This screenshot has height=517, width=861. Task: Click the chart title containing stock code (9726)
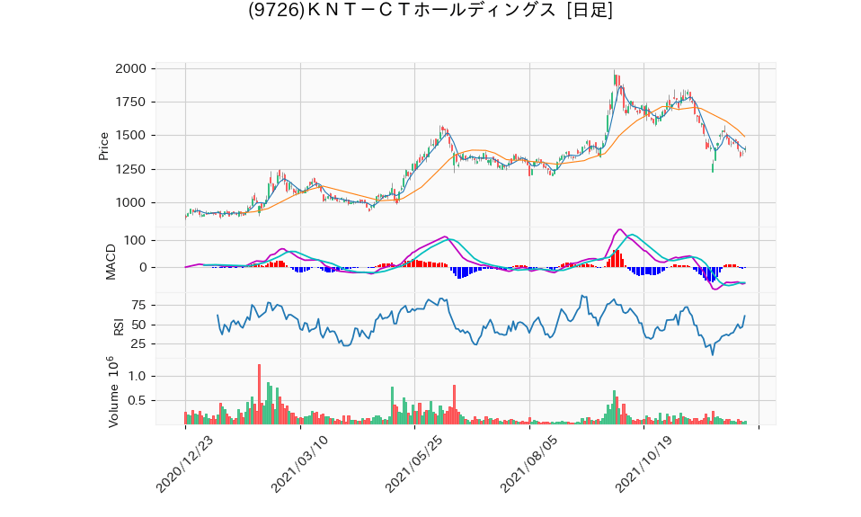tap(430, 11)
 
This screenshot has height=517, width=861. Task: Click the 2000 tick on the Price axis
tap(131, 68)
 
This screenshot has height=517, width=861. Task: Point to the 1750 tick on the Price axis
tap(131, 102)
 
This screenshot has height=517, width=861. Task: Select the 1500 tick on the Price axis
tap(131, 136)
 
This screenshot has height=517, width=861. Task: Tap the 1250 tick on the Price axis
tap(131, 169)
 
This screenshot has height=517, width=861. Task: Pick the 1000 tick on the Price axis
tap(131, 203)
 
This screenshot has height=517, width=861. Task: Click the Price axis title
tap(103, 146)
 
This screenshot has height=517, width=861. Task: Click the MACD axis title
tap(111, 261)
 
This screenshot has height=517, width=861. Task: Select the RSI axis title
tap(118, 325)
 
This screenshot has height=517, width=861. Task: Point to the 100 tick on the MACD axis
tap(135, 241)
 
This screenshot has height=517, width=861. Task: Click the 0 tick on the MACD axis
tap(142, 268)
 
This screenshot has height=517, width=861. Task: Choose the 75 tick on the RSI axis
tap(138, 306)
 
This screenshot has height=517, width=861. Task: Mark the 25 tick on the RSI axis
tap(138, 344)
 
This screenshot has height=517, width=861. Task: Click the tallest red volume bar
tap(259, 395)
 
